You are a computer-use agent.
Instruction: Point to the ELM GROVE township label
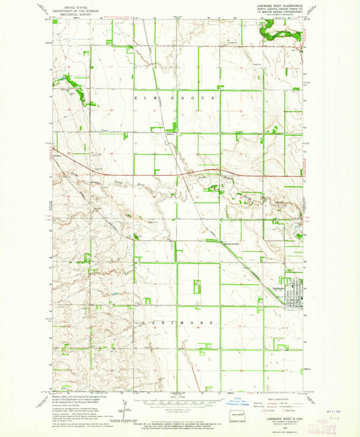coord(176,98)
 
